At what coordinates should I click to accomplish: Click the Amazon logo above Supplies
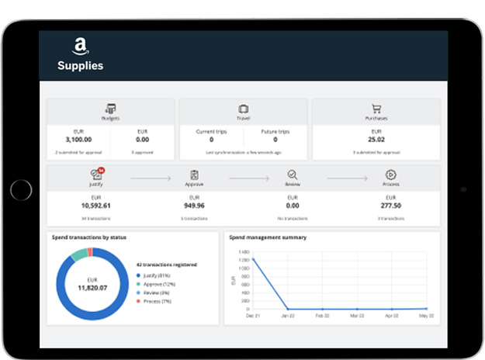80,47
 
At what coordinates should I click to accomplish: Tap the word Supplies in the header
80,66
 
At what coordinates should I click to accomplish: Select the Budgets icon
111,109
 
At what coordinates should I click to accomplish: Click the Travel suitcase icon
244,109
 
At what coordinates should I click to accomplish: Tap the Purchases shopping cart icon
376,109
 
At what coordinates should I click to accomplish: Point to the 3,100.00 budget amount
78,140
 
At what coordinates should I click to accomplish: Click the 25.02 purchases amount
376,140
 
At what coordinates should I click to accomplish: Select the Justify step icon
95,175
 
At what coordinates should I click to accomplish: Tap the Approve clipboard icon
194,175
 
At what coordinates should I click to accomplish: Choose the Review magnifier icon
293,175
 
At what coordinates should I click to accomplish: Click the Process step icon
391,175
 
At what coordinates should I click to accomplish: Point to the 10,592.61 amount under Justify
95,206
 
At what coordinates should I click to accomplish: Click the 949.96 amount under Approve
194,206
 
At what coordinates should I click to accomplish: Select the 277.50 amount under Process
391,206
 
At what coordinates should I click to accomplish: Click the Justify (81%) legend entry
158,275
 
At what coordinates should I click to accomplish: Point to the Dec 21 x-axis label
251,317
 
